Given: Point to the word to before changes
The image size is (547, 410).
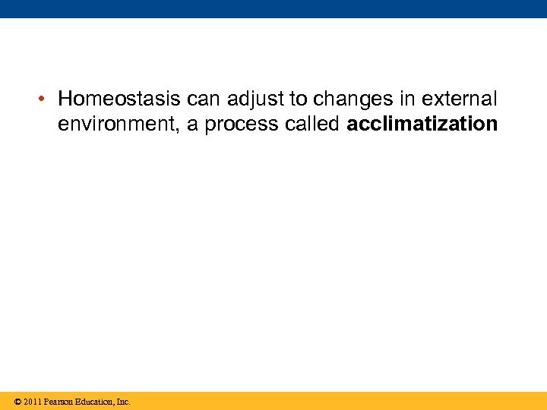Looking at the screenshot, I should point(296,99).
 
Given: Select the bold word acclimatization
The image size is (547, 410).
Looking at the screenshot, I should point(422,125).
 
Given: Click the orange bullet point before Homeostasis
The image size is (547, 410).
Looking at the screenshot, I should point(46,99).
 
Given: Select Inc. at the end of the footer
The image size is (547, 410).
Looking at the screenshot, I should point(123,402).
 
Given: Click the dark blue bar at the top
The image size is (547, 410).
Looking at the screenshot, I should point(273,8).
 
